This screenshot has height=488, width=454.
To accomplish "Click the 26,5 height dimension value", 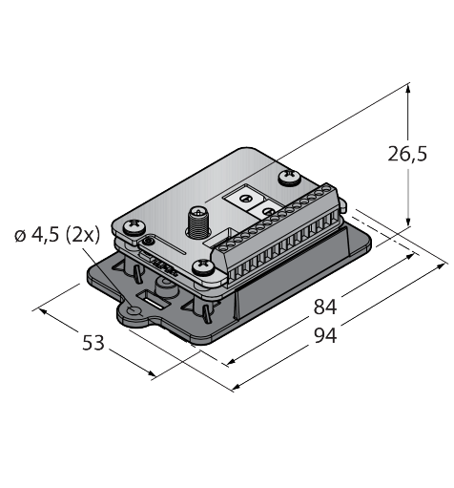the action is click(407, 154).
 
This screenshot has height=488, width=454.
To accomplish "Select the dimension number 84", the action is click(324, 307).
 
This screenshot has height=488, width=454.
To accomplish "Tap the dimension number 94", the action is click(325, 336).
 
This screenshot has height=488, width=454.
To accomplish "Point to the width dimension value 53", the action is click(93, 343).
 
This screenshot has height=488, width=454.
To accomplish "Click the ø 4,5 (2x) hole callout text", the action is click(57, 235).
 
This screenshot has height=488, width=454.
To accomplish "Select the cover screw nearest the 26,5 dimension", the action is click(290, 177).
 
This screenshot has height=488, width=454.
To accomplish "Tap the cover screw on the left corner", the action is click(134, 226).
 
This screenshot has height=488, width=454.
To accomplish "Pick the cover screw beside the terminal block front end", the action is click(204, 266).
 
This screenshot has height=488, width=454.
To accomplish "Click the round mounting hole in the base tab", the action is click(134, 310).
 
